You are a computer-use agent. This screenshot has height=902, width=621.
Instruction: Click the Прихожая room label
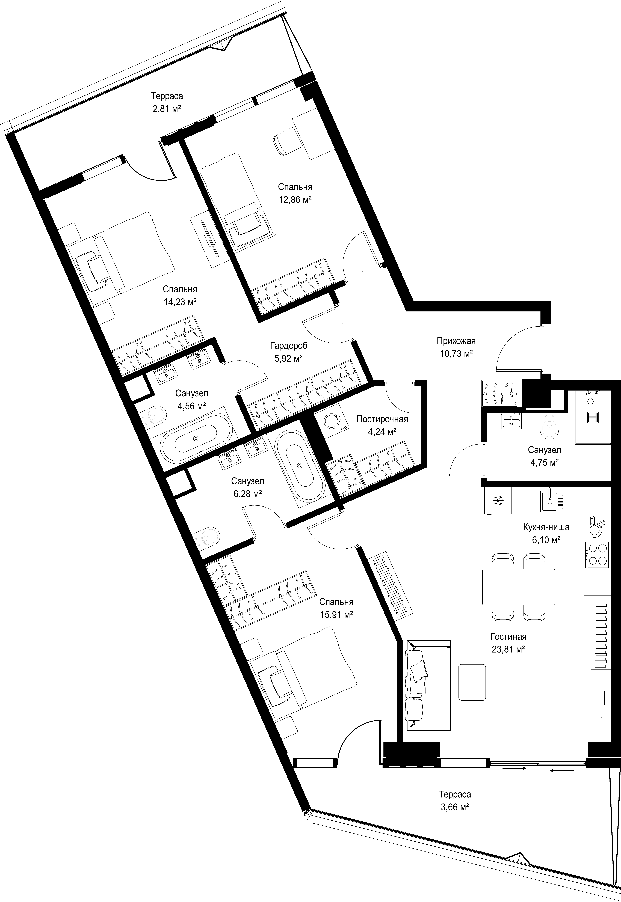pyautogui.click(x=456, y=341)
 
